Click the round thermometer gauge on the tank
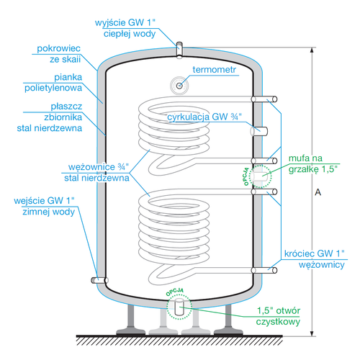click(x=179, y=85)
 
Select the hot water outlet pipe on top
click(x=179, y=48)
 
